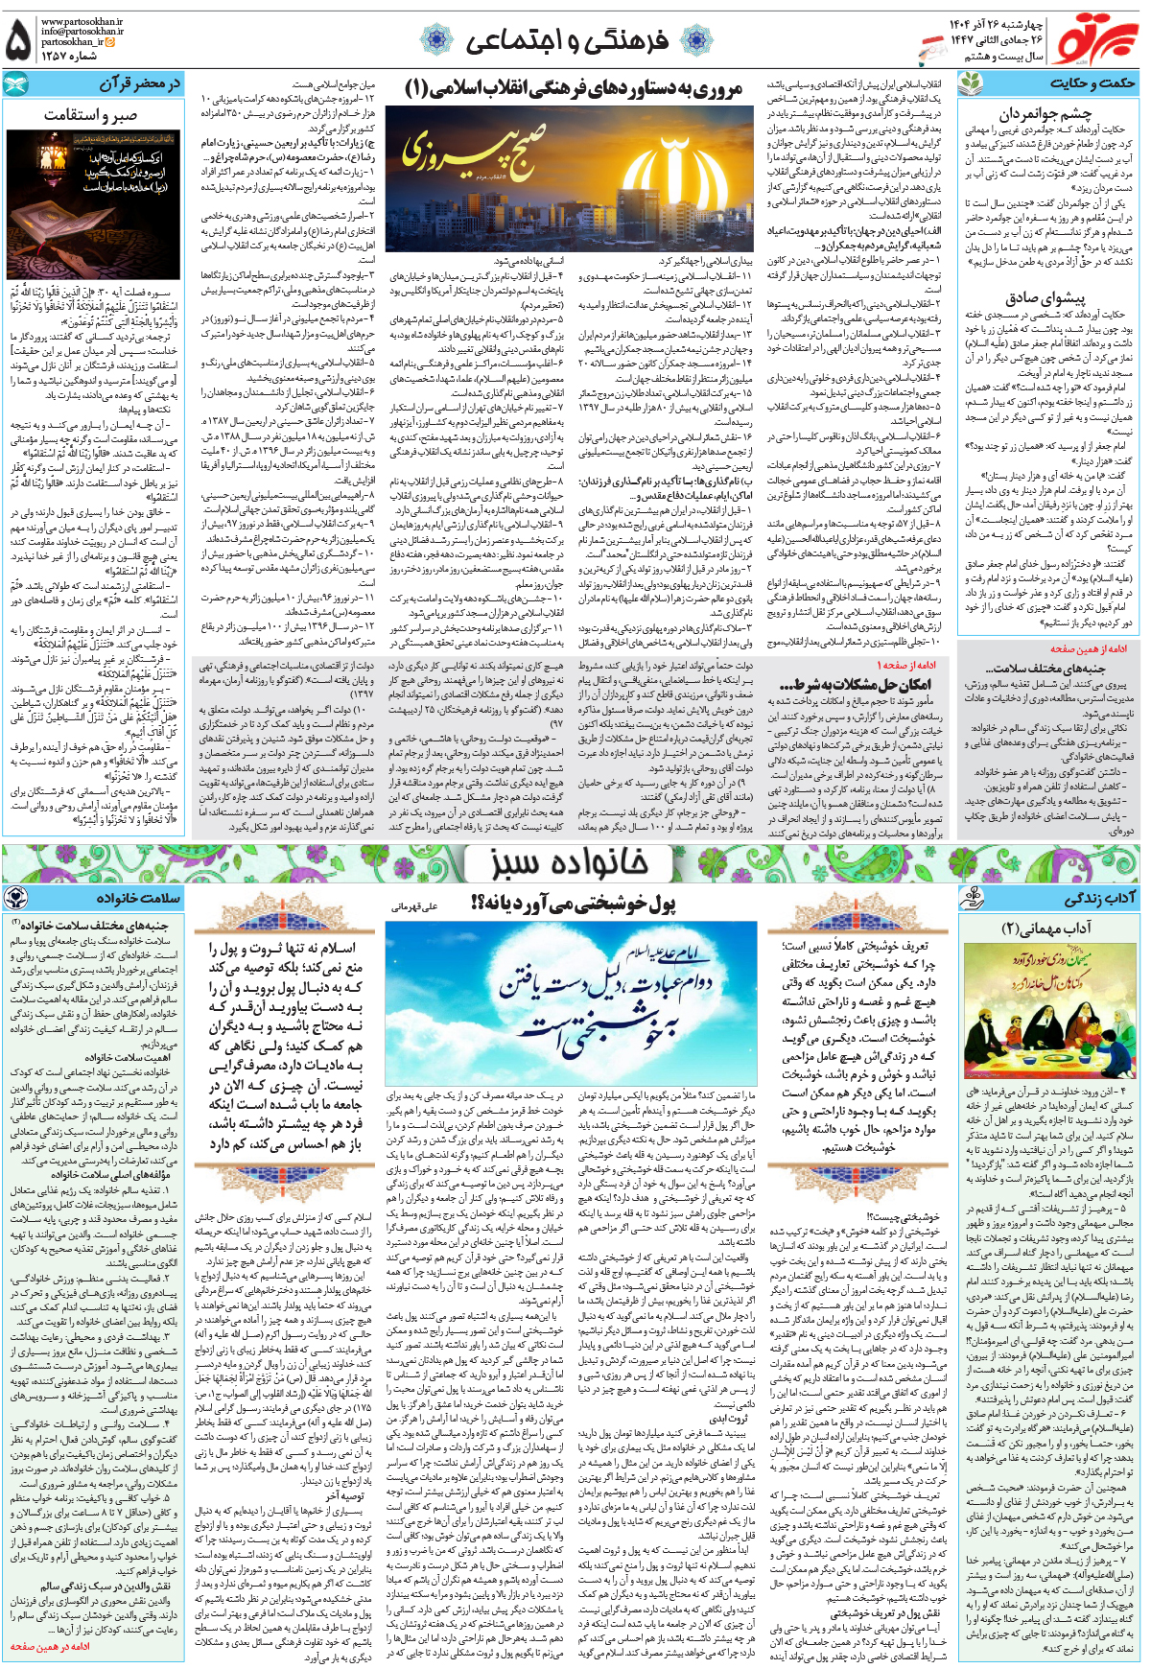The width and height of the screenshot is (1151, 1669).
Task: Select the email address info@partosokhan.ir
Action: click(x=82, y=31)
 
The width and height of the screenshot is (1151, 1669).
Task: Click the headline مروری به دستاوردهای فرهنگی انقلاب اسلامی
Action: click(x=574, y=88)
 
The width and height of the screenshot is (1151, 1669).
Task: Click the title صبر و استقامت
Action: click(x=90, y=115)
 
